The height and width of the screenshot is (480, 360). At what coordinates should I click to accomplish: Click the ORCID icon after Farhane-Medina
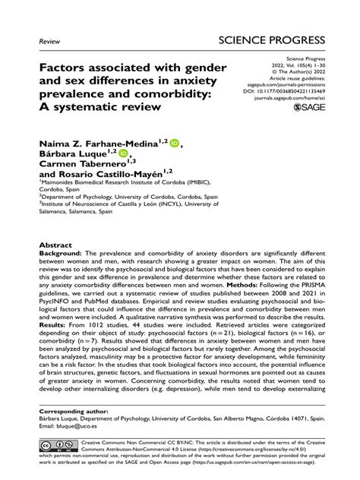(175, 141)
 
